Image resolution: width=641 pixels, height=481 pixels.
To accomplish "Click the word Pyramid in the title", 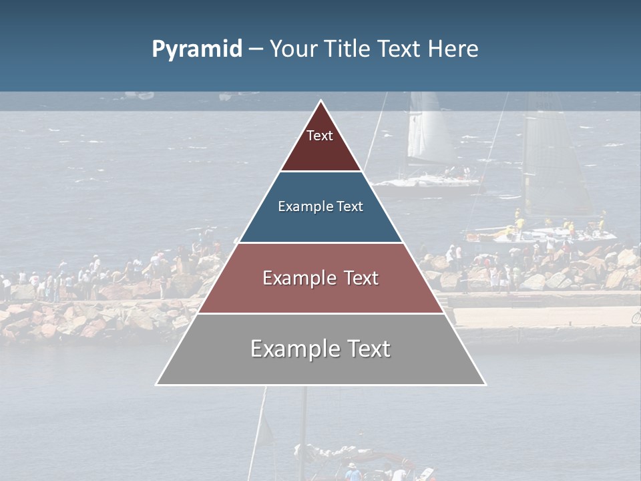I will pos(197,49).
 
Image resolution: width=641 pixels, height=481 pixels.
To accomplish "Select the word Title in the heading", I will pos(346,49).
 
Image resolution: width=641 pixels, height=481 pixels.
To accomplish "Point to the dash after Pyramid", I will pos(256,49).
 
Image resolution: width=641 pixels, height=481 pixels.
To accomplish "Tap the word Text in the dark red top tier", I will pos(320,136).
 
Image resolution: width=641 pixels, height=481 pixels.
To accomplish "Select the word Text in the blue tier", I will pos(349,207).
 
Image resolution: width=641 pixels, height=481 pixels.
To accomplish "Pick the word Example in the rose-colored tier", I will pos(299,279).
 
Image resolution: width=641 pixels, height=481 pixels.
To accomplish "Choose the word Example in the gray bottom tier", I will pos(294,349).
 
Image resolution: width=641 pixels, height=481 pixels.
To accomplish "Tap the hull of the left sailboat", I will pos(427,182).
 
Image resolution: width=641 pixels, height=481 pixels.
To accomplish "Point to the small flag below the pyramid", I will pos(266,431).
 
